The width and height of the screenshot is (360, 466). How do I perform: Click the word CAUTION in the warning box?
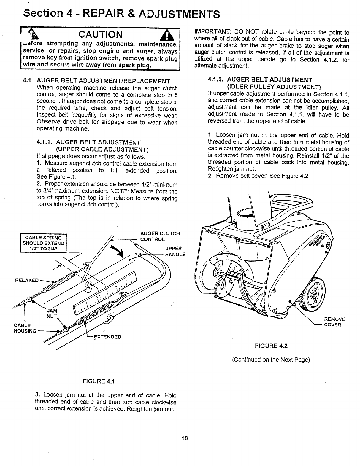(101, 35)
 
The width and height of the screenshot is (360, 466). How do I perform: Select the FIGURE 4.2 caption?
(271, 346)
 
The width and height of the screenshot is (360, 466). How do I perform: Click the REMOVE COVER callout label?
(334, 322)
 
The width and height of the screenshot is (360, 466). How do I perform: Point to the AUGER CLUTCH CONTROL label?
(160, 236)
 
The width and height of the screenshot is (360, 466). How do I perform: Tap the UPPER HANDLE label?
(175, 251)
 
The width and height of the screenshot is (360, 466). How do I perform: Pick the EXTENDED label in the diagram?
(107, 337)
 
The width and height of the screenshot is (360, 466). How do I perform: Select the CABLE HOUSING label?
(25, 327)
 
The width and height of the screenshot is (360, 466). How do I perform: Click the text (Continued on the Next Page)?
(271, 360)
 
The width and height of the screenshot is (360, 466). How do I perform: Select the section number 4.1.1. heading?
(45, 142)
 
